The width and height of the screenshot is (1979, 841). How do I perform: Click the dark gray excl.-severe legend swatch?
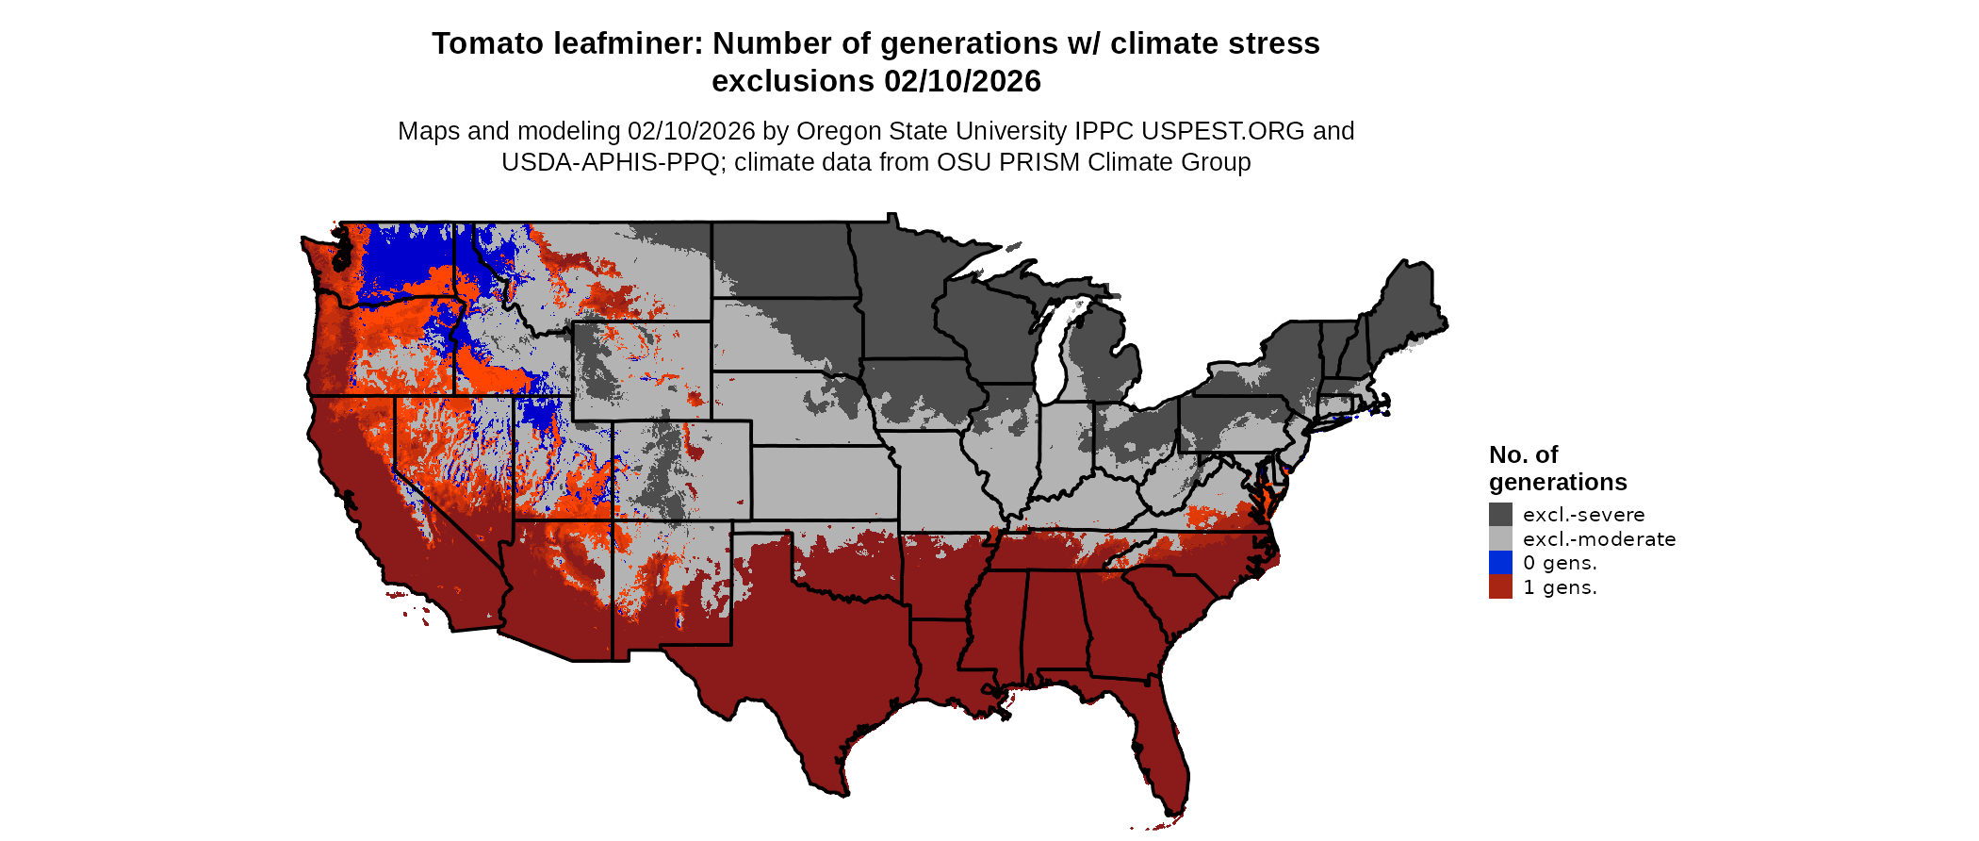tap(1500, 514)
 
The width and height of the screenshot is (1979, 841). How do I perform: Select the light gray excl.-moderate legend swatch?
tap(1500, 538)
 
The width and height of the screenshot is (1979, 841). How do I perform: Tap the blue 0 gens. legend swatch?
tap(1500, 563)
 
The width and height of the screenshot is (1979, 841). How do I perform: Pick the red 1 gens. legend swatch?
tap(1500, 587)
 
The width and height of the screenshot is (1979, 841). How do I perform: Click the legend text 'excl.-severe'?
tap(1583, 515)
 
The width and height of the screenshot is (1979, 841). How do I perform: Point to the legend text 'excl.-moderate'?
tap(1599, 539)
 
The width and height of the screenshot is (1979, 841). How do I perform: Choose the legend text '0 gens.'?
tap(1560, 563)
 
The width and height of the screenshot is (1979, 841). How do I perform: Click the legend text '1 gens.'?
tap(1560, 587)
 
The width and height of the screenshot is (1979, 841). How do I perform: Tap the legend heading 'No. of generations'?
tap(1557, 469)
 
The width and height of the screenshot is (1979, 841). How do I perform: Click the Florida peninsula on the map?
tap(1160, 745)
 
